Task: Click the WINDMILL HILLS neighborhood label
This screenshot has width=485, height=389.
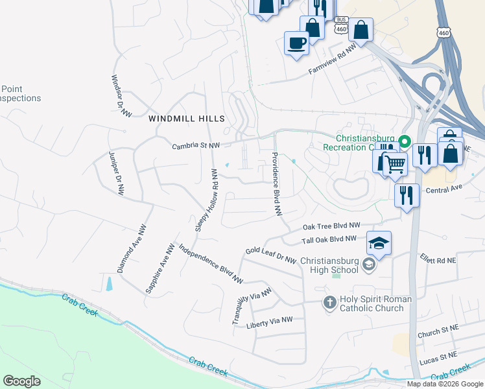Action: coord(186,119)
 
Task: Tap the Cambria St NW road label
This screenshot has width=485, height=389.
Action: coord(196,147)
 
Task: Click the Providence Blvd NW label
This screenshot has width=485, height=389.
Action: coord(277,183)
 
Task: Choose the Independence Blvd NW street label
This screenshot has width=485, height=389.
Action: coord(210,264)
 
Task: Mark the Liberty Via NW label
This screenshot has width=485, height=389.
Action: coord(270,320)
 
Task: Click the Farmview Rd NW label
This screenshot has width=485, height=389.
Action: coord(333,59)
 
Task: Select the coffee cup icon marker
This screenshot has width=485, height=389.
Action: coord(296,43)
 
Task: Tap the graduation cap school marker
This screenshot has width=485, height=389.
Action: coord(379,243)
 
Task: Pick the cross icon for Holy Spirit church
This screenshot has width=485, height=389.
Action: coord(329,303)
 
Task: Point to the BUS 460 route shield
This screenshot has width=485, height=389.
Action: coord(342,26)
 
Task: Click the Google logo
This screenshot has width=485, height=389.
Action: coord(21,381)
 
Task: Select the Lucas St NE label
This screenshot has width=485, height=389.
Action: coord(438,356)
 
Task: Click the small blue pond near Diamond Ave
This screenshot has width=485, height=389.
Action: coord(108,283)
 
